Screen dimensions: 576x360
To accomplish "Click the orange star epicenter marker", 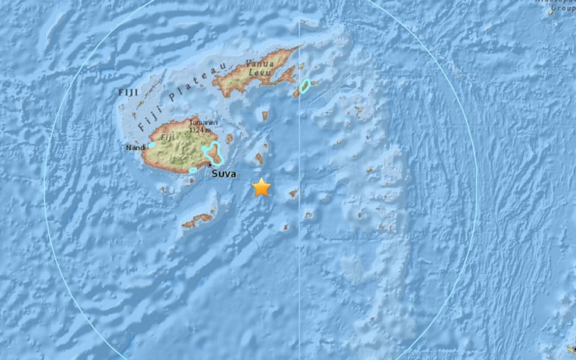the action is (x=262, y=187).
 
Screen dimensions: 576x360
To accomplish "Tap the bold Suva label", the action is (x=224, y=174).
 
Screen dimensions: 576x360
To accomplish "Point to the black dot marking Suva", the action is (x=210, y=164).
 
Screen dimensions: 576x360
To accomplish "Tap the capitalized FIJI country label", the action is (x=128, y=92).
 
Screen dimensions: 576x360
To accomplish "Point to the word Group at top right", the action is (x=562, y=8).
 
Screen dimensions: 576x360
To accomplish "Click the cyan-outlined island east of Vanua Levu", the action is (x=304, y=86).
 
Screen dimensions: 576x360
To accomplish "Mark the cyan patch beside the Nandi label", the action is (x=151, y=145).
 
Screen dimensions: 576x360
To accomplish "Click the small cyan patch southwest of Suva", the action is (x=193, y=171).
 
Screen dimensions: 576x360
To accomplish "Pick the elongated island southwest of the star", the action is (x=197, y=220).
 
